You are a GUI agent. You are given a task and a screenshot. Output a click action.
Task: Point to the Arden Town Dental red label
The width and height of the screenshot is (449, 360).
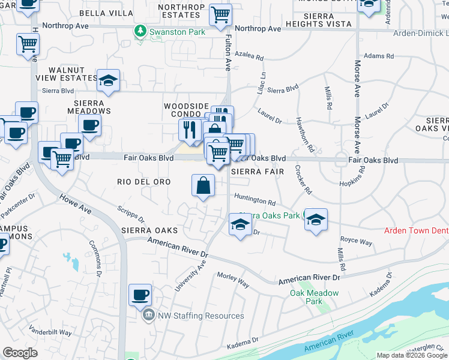coord(417,231)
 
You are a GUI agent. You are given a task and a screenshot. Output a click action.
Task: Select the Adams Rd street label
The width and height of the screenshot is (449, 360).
coord(379,56)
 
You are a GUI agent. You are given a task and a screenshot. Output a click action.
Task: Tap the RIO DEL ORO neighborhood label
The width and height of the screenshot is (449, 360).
coord(140,181)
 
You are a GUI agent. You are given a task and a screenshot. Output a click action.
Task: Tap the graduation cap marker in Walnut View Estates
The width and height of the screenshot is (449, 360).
coord(108,81)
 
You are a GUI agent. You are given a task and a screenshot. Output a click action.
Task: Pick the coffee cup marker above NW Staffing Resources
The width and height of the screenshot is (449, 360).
coord(140,295)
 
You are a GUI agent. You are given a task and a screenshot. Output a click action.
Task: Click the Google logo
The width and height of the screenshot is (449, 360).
coord(20,353)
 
